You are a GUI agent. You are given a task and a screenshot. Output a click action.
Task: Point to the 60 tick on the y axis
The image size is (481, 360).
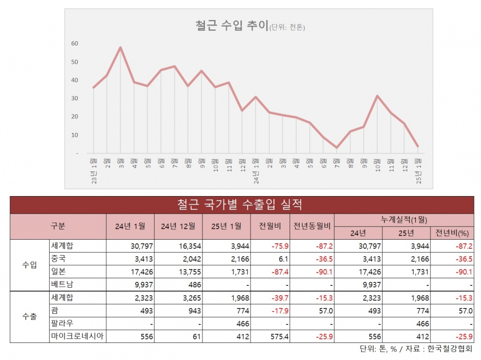pos(74,43)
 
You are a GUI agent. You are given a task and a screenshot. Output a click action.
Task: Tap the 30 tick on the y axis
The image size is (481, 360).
pos(74,98)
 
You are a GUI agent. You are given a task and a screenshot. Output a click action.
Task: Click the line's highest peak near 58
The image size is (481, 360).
pos(120,48)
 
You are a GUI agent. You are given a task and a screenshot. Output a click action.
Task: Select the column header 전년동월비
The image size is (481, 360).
pos(312,226)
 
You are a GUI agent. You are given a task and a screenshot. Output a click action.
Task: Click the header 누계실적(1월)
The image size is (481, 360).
pos(403,220)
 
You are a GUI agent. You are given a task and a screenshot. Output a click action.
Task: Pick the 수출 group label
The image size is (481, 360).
pos(30,316)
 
